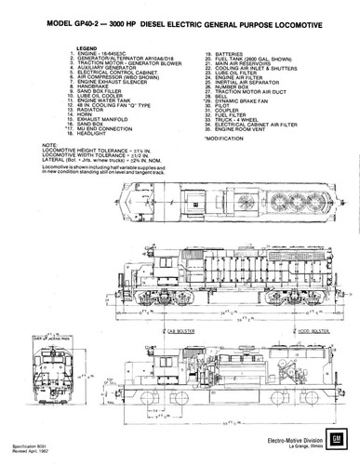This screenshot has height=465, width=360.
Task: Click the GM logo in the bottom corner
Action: tap(342, 438)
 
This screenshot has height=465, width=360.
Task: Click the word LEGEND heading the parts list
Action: tap(87, 45)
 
